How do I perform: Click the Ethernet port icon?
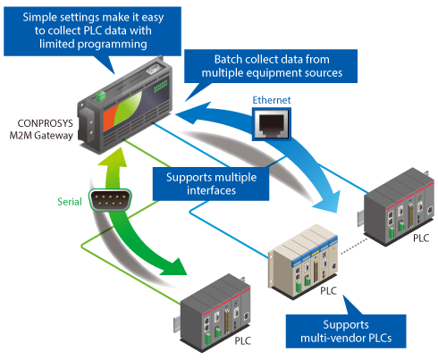[271, 124]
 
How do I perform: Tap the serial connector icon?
[110, 200]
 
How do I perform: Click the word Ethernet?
[272, 100]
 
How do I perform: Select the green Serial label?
[70, 202]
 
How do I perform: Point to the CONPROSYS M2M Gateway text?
[41, 130]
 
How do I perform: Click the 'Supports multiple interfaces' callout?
[211, 184]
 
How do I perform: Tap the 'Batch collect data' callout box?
[271, 66]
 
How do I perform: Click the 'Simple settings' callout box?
[92, 31]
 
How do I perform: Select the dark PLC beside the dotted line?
[396, 207]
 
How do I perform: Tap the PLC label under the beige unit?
[328, 291]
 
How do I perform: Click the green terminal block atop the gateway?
[101, 96]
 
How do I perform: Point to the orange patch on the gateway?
[111, 117]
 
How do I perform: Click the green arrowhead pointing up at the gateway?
[112, 157]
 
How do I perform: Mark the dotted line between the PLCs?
[353, 246]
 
